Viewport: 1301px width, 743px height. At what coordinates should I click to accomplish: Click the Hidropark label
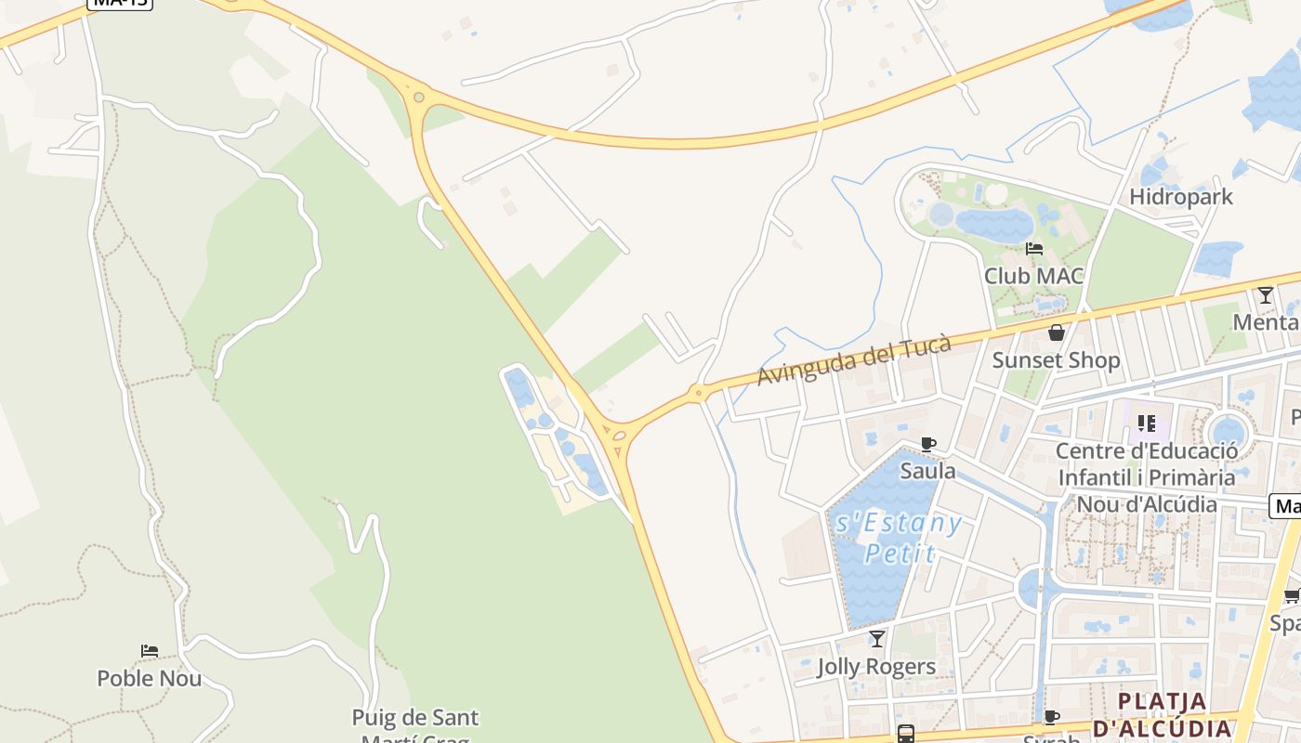[1180, 197]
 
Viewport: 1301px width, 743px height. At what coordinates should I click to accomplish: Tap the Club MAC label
[1033, 276]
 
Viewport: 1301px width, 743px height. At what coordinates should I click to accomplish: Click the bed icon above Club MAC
[1033, 249]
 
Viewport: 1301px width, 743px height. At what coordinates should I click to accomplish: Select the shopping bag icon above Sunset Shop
[1056, 332]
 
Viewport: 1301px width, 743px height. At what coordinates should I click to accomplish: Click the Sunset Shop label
[1056, 360]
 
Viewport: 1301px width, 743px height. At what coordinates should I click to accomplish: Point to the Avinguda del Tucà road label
[854, 360]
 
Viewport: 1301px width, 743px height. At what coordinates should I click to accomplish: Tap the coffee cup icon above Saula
[927, 444]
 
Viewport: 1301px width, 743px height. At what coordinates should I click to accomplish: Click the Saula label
[927, 471]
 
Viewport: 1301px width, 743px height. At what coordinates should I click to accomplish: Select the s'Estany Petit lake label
[898, 538]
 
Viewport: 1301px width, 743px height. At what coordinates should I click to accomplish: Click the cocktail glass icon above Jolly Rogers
[876, 639]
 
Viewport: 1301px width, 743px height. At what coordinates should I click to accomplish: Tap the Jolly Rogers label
[876, 667]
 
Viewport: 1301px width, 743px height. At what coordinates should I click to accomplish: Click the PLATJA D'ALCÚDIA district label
[1162, 714]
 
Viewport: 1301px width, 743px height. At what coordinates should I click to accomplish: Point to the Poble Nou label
[149, 678]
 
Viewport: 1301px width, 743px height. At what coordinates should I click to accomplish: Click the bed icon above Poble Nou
[149, 651]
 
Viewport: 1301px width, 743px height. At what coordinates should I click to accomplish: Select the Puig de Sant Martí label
[415, 718]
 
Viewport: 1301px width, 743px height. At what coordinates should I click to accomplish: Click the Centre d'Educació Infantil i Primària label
[1147, 477]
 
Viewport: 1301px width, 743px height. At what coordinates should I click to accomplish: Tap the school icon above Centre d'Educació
[1147, 424]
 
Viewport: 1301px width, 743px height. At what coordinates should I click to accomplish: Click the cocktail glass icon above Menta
[1265, 295]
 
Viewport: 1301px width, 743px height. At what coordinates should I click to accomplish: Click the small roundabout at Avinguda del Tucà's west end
[697, 393]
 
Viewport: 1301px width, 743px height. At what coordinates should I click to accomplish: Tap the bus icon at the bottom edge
[905, 734]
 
